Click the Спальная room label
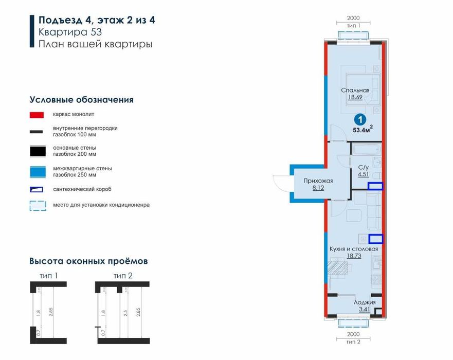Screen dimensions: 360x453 pos(355,91)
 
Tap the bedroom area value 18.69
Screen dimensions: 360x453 pos(355,97)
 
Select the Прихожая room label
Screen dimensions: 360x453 pos(318,181)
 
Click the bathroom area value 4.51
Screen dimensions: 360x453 pos(363,174)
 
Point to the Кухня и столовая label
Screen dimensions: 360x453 pos(353,249)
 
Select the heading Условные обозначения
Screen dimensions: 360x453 pos(81,100)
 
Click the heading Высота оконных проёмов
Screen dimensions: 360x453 pos(88,261)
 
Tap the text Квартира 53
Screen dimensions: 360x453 pos(70,32)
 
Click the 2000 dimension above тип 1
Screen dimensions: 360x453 pos(353,17)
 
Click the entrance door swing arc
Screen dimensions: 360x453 pos(279,184)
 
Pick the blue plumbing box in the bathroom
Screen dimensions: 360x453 pos(376,187)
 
